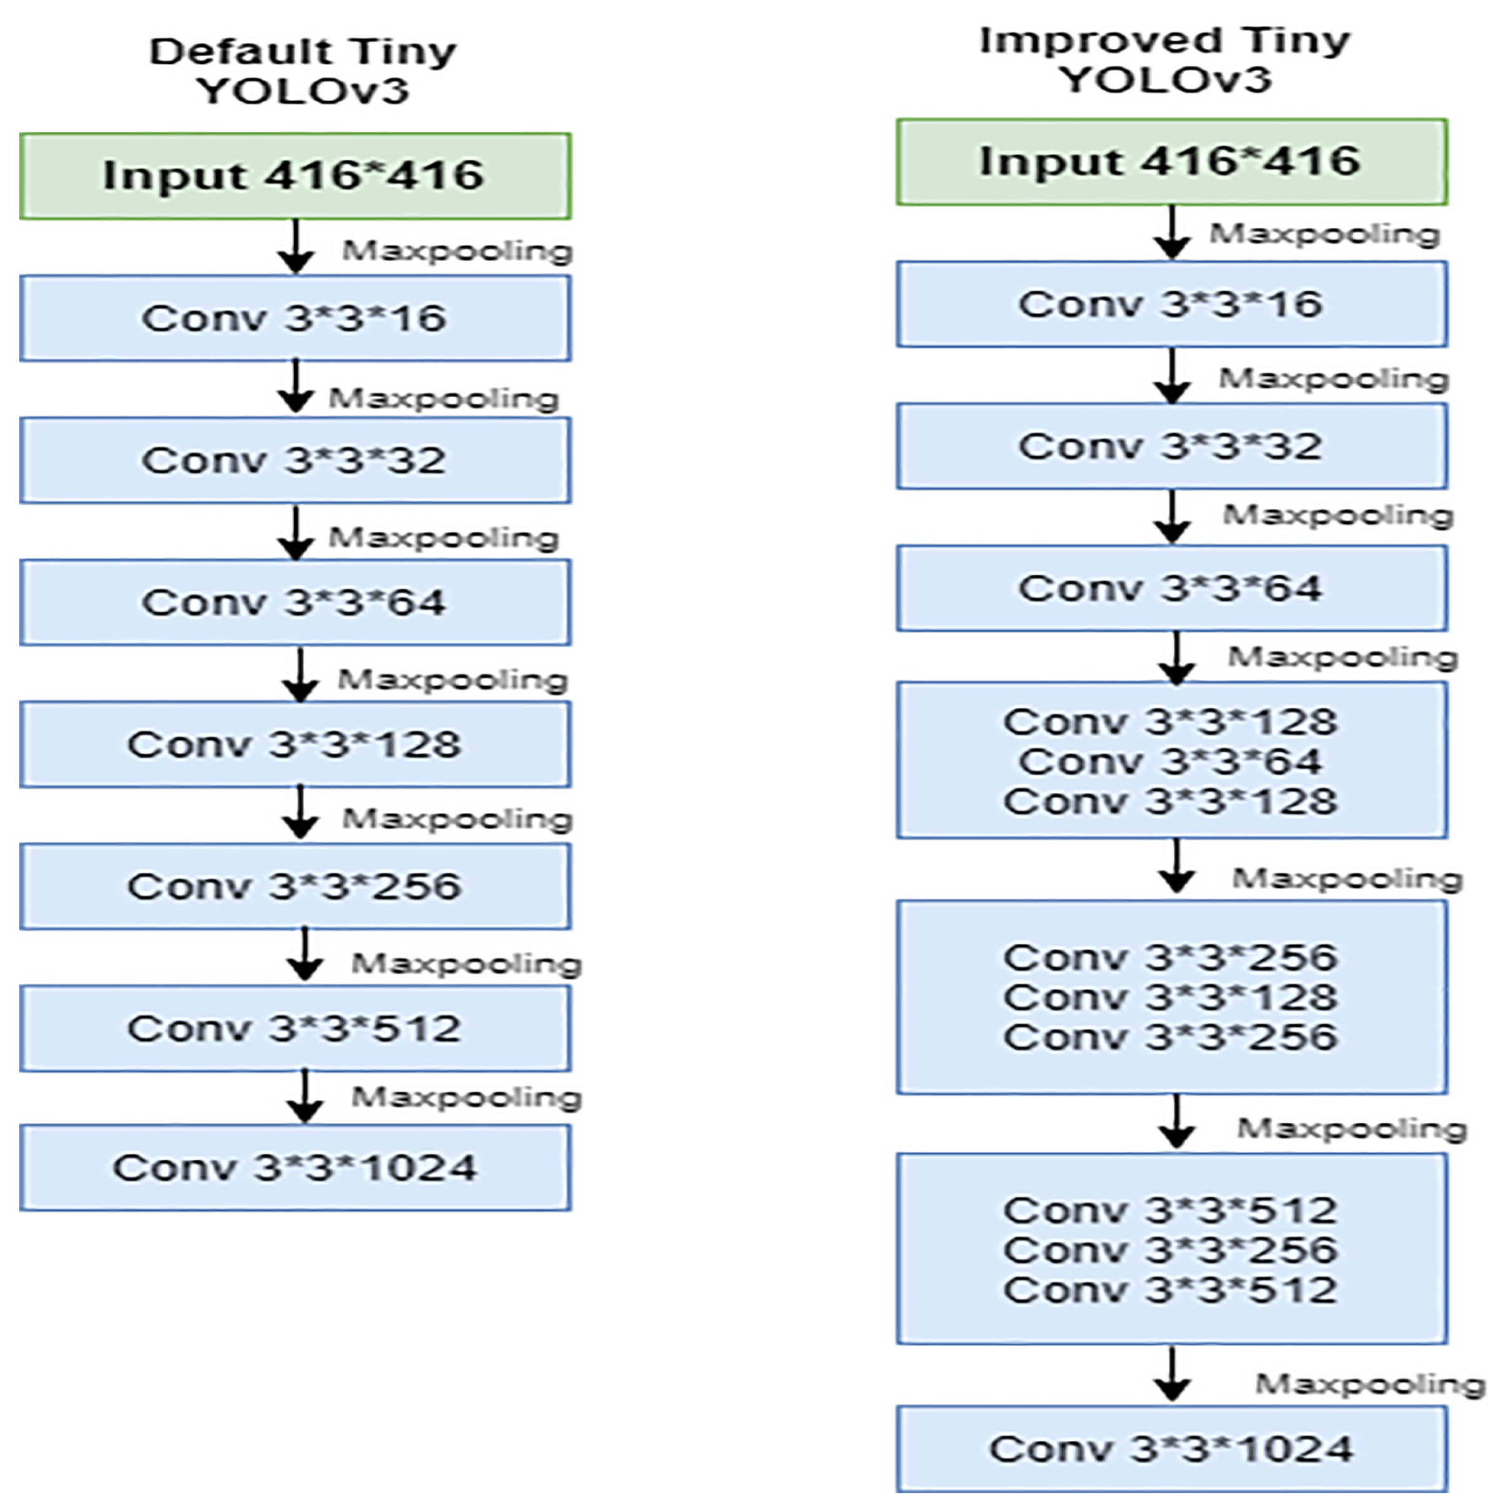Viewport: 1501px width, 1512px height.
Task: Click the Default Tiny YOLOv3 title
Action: [x=302, y=71]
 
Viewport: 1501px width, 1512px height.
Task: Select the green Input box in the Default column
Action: [x=295, y=175]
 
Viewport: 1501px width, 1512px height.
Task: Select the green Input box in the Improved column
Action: [x=1171, y=162]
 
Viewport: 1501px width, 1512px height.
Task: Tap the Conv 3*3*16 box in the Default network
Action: [x=295, y=318]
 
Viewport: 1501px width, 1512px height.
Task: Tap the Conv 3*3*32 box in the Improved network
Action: [x=1171, y=446]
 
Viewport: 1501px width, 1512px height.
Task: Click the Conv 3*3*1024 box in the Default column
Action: [x=295, y=1167]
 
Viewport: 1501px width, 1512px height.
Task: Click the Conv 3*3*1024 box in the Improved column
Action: [x=1171, y=1448]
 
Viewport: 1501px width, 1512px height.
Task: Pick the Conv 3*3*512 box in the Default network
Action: [x=295, y=1028]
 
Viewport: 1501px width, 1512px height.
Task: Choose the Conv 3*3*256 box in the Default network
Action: [x=295, y=886]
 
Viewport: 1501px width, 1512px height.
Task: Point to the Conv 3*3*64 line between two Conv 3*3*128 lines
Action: [x=1171, y=762]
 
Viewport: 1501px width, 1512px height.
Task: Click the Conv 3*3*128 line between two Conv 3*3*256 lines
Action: [x=1171, y=997]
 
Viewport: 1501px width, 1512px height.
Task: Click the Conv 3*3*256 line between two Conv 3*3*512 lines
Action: [x=1171, y=1250]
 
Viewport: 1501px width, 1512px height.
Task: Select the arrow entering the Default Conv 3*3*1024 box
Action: [x=305, y=1096]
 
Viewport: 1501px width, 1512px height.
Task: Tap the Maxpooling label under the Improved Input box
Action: [x=1324, y=233]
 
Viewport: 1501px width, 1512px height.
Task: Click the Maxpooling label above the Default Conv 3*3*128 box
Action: [x=452, y=679]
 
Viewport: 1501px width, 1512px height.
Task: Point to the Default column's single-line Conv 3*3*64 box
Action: [x=295, y=602]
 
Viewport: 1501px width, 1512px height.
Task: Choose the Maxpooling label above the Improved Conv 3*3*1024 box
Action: [x=1369, y=1385]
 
